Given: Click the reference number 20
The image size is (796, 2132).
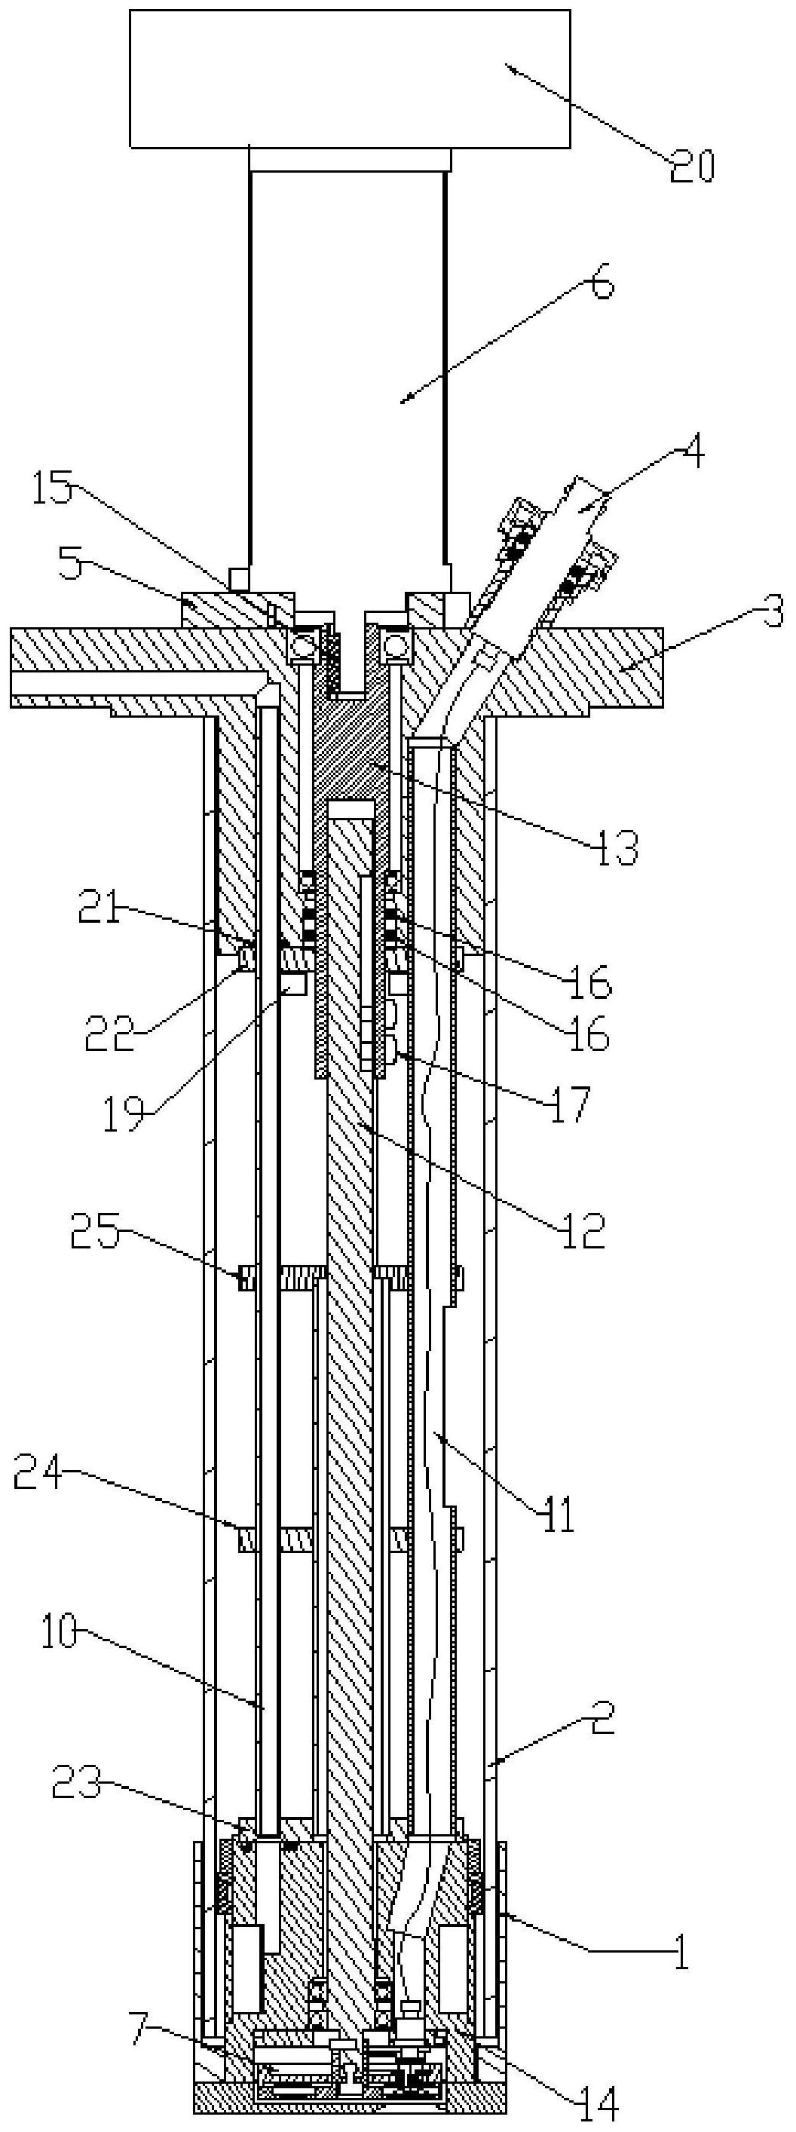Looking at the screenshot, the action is (692, 167).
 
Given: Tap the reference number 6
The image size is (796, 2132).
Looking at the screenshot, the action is (602, 284).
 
